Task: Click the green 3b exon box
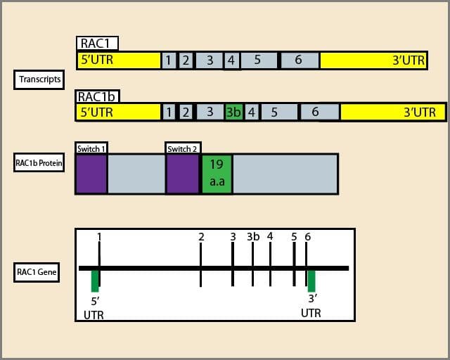click(x=234, y=112)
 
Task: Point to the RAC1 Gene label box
click(x=37, y=273)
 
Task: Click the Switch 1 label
click(x=91, y=148)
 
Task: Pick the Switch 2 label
click(x=182, y=148)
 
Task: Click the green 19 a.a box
click(x=217, y=174)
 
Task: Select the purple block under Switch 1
click(x=91, y=174)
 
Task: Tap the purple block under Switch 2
click(x=182, y=174)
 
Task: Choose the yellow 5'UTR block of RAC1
click(x=119, y=60)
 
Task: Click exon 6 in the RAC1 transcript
click(x=300, y=60)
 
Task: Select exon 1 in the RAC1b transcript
click(x=169, y=112)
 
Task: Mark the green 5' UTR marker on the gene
click(x=95, y=281)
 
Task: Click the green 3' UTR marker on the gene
click(x=311, y=281)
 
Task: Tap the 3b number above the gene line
click(x=253, y=236)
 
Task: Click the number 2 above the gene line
click(x=201, y=236)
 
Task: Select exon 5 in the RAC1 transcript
click(x=258, y=60)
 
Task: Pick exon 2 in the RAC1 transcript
click(x=186, y=60)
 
